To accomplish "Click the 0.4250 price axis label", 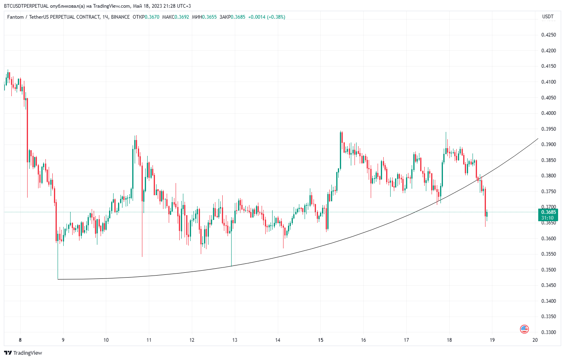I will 548,35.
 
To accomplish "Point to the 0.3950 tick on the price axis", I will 548,129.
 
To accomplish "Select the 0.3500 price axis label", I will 548,270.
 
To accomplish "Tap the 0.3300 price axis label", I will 548,332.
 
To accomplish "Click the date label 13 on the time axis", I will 234,340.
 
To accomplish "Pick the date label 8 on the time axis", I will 20,340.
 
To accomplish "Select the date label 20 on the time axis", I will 535,340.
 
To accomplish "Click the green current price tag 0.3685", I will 548,212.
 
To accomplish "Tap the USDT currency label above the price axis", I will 548,17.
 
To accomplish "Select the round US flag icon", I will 524,329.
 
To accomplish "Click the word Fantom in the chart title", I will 15,17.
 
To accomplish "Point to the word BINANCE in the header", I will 120,17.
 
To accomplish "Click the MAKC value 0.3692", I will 182,17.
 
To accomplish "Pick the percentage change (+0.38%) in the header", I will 276,17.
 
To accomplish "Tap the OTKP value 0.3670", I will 152,17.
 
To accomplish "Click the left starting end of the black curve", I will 58,279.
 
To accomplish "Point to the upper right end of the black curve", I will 538,139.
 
